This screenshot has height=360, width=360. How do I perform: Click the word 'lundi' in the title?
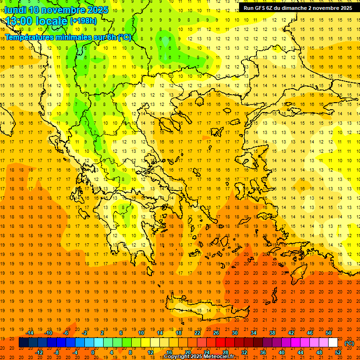click(x=15, y=10)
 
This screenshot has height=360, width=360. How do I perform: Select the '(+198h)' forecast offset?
click(x=83, y=21)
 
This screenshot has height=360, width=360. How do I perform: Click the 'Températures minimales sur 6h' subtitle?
click(x=68, y=37)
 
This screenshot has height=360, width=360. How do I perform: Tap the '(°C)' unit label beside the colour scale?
click(x=349, y=343)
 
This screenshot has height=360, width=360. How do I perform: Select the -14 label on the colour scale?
click(x=30, y=333)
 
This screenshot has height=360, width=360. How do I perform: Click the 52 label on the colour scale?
click(x=338, y=352)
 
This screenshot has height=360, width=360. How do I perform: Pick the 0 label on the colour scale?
click(x=92, y=352)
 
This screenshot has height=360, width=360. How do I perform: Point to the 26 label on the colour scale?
click(x=216, y=333)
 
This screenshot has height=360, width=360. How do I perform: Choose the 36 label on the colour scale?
click(x=262, y=352)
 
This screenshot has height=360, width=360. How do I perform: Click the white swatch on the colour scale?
click(x=333, y=343)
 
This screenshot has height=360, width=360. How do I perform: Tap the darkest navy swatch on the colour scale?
click(x=23, y=343)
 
